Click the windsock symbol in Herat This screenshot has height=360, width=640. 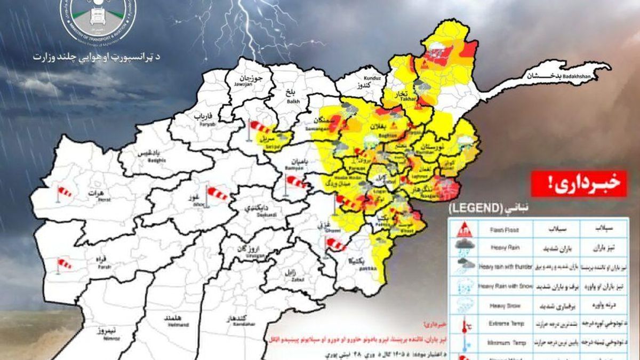tap(63, 193)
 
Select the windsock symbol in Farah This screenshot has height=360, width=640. tap(63, 264)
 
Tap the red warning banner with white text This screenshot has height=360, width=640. tap(578, 184)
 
